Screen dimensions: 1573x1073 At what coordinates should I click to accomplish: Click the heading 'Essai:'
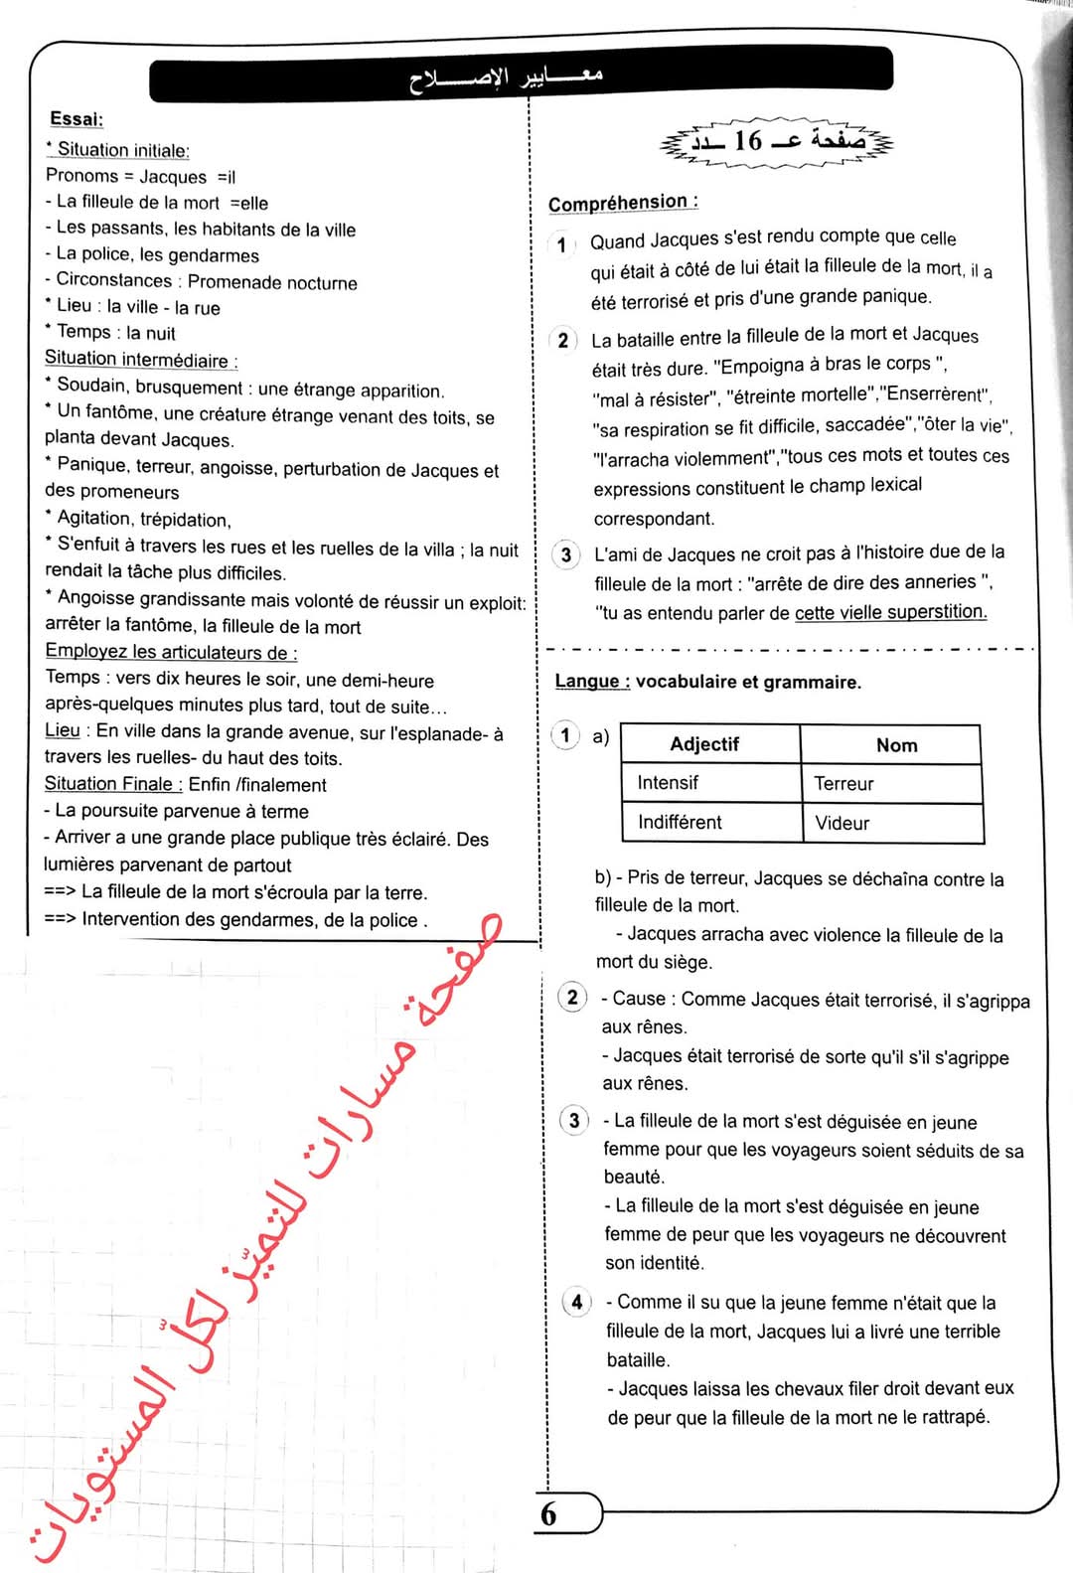77,119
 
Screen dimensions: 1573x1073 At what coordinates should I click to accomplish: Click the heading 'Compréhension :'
622,203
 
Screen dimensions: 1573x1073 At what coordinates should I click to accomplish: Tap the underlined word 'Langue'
592,682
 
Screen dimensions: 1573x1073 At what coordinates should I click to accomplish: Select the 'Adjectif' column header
704,744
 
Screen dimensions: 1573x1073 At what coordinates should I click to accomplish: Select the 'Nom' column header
896,745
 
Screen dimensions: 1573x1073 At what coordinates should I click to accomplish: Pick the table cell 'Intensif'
668,783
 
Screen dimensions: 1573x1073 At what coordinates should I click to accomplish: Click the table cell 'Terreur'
843,784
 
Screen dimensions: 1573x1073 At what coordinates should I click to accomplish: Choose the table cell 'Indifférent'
680,823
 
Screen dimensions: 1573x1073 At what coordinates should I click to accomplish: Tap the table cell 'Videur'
842,824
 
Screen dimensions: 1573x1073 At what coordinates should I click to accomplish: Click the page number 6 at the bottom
548,1514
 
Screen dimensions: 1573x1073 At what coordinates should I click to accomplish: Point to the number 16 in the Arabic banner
747,141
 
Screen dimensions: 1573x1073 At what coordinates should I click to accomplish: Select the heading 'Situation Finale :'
113,784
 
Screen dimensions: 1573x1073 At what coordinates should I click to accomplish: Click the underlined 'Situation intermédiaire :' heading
141,359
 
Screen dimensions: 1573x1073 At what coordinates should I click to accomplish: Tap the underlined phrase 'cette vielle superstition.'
890,612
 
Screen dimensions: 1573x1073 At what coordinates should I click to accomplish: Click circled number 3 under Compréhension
565,554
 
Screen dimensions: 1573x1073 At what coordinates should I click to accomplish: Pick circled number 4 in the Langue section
577,1302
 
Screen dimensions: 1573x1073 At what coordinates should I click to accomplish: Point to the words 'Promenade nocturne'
272,282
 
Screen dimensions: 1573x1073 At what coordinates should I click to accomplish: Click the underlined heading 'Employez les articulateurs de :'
171,652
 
